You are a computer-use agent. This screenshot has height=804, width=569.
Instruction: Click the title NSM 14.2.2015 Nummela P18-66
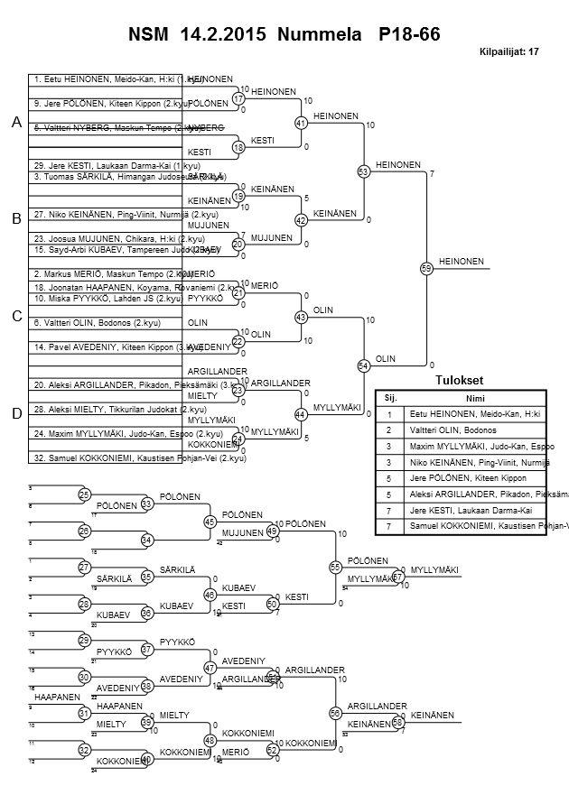(x=284, y=33)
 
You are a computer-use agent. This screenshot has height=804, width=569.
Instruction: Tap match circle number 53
(x=364, y=171)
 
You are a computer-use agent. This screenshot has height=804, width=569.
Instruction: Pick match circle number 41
(x=302, y=123)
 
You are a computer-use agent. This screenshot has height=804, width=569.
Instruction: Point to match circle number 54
(x=364, y=365)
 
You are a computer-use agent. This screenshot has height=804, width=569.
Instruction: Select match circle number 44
(x=302, y=414)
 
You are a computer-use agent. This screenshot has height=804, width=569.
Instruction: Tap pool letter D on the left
(x=15, y=414)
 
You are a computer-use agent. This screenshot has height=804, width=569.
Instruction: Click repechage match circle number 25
(x=85, y=494)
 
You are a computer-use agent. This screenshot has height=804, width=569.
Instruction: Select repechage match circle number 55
(x=334, y=567)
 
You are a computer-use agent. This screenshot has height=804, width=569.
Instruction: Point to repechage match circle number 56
(x=334, y=713)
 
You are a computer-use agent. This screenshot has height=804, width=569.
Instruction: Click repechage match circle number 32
(x=85, y=750)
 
